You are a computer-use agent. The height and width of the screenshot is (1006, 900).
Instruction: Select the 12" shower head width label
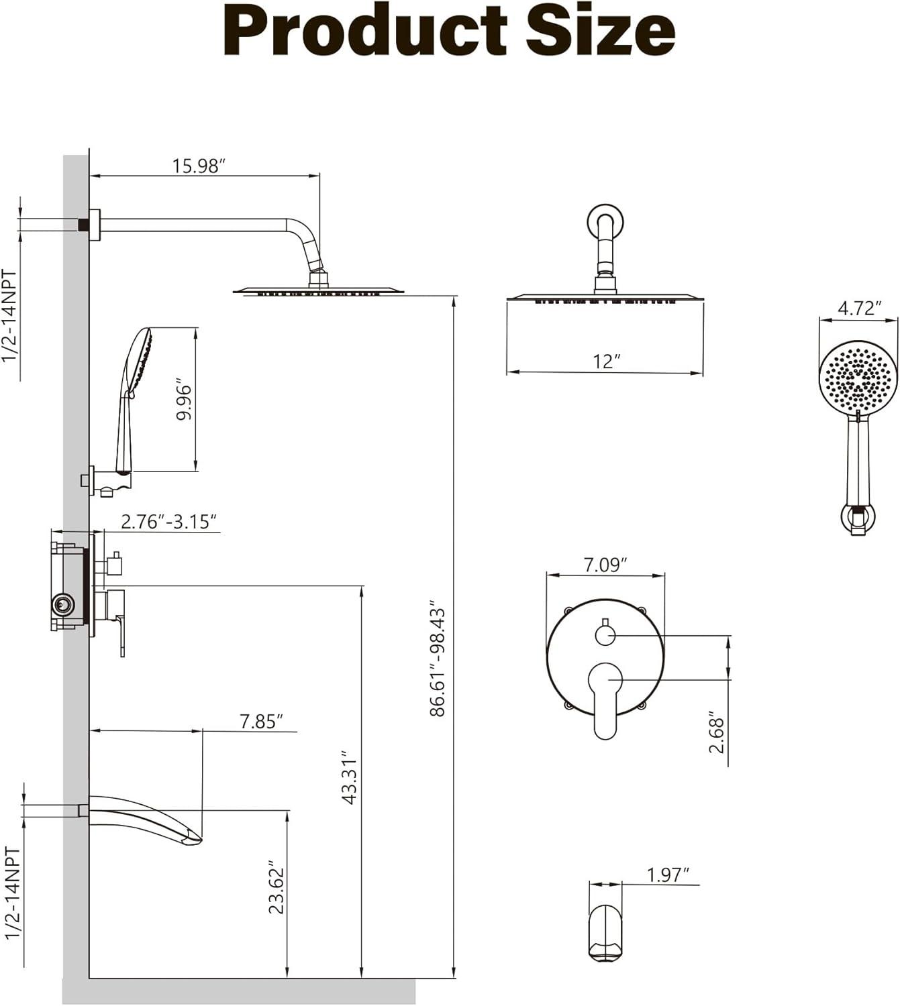(606, 361)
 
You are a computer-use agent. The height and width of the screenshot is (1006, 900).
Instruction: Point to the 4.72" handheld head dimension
(859, 308)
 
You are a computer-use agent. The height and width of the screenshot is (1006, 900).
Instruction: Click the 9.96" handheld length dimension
(184, 402)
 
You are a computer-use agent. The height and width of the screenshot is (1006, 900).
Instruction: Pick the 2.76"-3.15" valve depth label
(169, 521)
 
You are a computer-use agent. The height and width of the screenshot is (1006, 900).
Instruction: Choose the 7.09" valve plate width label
(605, 565)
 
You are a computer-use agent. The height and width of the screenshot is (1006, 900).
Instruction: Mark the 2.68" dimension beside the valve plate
(717, 734)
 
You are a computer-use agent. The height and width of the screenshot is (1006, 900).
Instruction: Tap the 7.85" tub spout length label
(261, 721)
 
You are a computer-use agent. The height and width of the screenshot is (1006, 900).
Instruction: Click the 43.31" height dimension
(350, 777)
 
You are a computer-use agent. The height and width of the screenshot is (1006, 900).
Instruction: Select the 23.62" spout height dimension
(277, 887)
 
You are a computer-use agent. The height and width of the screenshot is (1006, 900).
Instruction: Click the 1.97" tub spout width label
(668, 875)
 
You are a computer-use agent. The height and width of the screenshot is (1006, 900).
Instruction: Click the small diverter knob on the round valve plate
(605, 634)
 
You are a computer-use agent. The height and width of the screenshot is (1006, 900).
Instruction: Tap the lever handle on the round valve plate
(605, 697)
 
